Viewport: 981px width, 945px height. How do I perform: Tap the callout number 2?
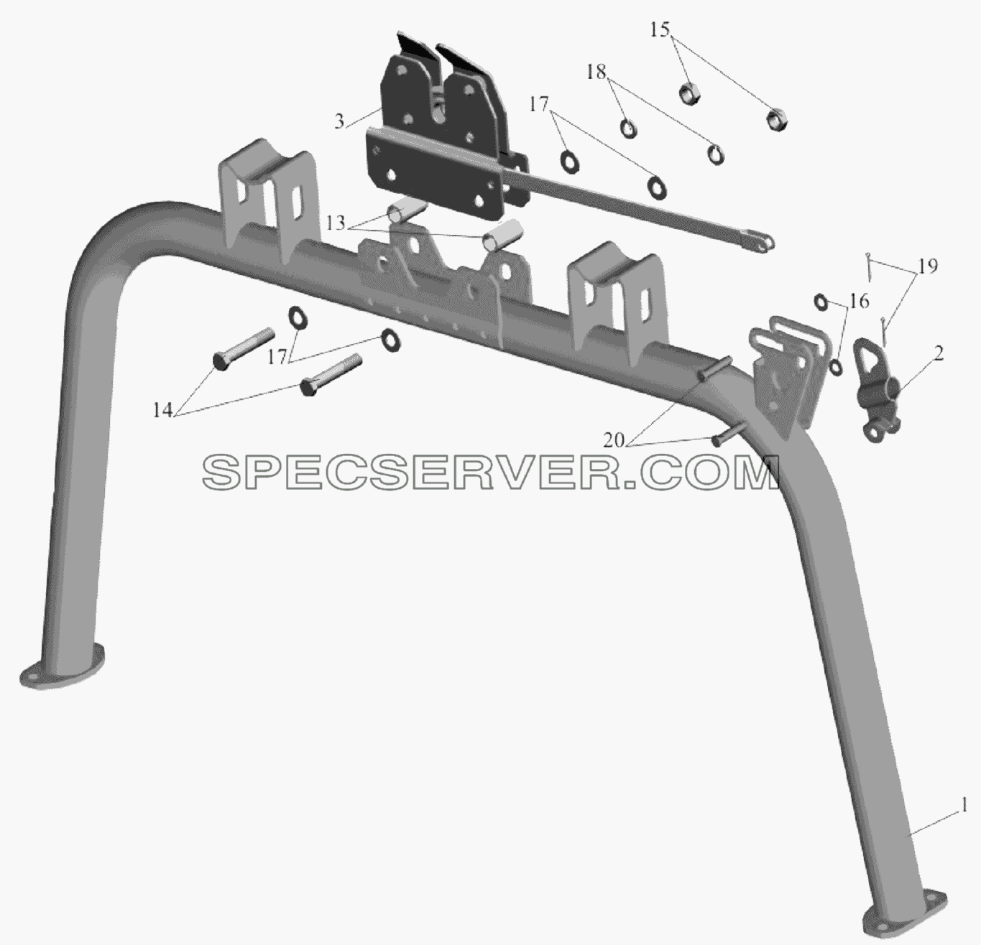click(938, 353)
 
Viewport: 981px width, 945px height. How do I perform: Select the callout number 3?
click(339, 121)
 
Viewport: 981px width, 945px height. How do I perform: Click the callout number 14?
click(163, 411)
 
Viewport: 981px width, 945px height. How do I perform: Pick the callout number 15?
click(659, 29)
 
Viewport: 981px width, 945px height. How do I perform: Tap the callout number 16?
click(860, 301)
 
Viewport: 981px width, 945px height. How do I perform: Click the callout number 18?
click(596, 72)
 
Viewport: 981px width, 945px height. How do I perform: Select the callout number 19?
click(928, 266)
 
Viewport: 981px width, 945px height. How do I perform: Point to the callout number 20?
click(614, 442)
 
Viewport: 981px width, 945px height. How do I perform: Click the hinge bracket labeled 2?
click(876, 388)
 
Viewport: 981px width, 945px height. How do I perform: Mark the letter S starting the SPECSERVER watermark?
click(221, 472)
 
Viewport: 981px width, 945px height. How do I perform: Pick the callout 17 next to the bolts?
click(277, 357)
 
